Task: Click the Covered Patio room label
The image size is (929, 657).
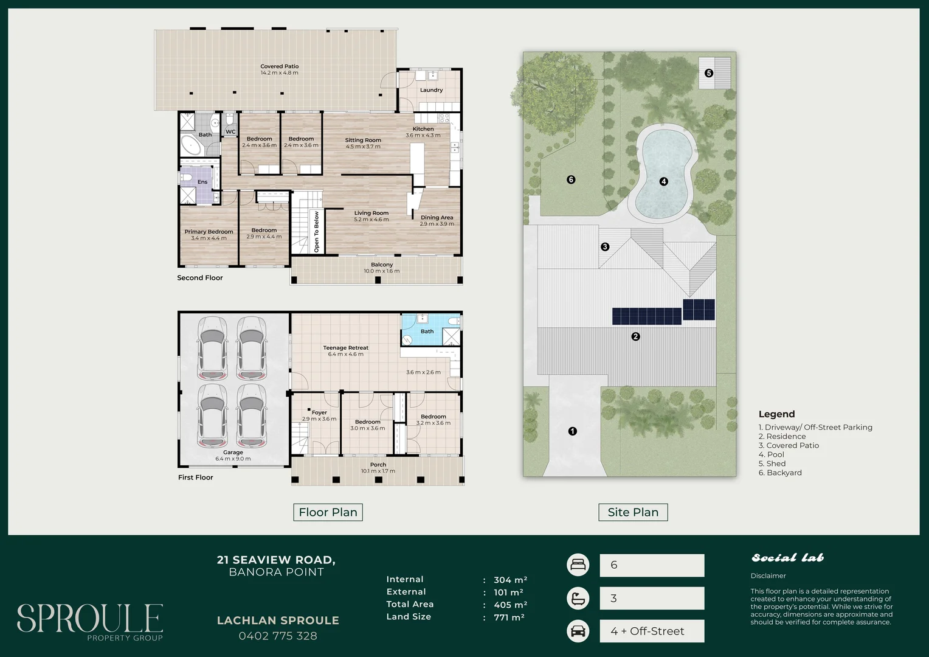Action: coord(280,66)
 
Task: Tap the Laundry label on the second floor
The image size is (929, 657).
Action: coord(431,90)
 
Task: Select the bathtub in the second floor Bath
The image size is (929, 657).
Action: coord(191,145)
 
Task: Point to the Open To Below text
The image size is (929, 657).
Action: coord(316,232)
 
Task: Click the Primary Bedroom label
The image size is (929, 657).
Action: coord(209,232)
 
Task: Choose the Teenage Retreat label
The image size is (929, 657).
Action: coord(345,348)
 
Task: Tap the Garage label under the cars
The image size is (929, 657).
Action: coord(233,453)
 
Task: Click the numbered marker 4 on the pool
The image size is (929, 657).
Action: coord(663,181)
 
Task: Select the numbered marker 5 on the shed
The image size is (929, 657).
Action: coord(709,73)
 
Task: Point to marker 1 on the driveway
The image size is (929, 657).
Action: coord(572,431)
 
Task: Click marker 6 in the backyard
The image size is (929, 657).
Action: coord(571,179)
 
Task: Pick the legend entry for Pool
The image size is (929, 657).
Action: coord(771,454)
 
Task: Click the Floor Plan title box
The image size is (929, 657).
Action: coord(328,512)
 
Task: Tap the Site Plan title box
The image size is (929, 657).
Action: coord(633,512)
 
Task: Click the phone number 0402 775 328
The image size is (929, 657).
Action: coord(278,636)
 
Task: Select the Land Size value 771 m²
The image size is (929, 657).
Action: coord(509,617)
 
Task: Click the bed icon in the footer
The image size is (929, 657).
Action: coord(578,565)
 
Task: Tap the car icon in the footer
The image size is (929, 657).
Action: coord(578,631)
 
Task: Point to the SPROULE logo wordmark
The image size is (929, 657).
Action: coord(89,618)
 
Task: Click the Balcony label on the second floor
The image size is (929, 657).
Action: coord(382,265)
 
